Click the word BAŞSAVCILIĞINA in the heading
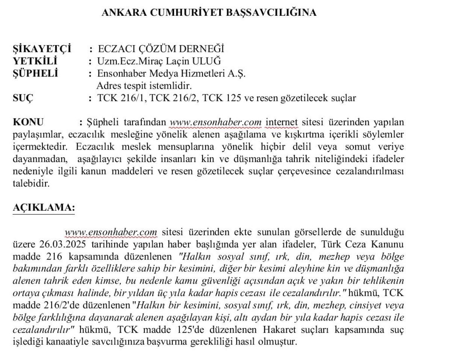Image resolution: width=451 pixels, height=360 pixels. pos(270,13)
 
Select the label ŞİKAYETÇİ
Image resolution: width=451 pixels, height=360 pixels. pos(42,49)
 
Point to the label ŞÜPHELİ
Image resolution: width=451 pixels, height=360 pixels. pos(36,73)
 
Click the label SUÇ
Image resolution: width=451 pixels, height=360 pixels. pos(23,98)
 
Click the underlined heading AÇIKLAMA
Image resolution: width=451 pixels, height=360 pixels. pos(44,208)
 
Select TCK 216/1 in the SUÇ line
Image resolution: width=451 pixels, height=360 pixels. pos(121,98)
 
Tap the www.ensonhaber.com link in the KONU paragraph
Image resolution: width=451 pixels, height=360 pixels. pos(215,122)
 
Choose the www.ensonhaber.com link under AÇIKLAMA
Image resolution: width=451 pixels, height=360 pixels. pos(110,232)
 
